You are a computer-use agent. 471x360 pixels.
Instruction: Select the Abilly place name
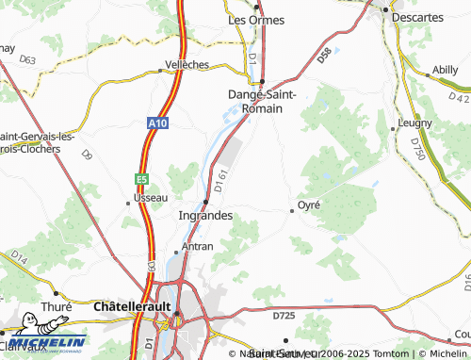tap(444, 69)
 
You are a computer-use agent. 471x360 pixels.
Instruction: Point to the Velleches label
tap(187, 64)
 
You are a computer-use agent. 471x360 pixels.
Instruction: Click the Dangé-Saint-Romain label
tap(263, 101)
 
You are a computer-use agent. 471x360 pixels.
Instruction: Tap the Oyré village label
tap(309, 205)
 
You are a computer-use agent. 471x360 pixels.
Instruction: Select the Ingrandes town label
tap(205, 216)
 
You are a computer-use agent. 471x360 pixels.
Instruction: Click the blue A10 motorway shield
tap(157, 122)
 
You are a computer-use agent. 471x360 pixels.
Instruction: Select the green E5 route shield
tap(140, 177)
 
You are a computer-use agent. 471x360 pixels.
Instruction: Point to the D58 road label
tap(325, 56)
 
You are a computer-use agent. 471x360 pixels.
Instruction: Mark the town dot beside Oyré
tap(292, 211)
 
